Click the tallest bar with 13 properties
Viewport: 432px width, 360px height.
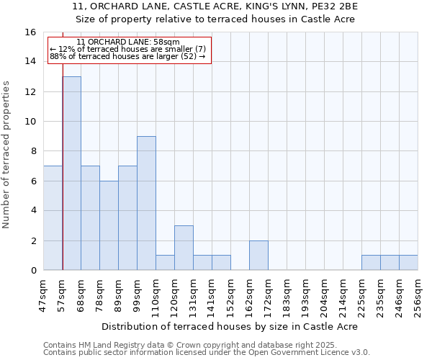(x=71, y=173)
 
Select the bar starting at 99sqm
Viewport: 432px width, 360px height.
(x=146, y=203)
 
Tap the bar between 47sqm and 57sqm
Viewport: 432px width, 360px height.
(x=53, y=217)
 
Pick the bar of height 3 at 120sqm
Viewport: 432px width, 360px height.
(x=184, y=248)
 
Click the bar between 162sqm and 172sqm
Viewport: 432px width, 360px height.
(x=258, y=255)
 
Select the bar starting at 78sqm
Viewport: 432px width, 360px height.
(x=109, y=225)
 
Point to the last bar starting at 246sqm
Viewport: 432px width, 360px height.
(x=408, y=263)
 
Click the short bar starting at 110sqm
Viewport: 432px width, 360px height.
(x=165, y=263)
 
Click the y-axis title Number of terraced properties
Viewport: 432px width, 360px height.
(x=7, y=154)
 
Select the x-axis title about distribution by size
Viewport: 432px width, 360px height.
(x=230, y=326)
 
